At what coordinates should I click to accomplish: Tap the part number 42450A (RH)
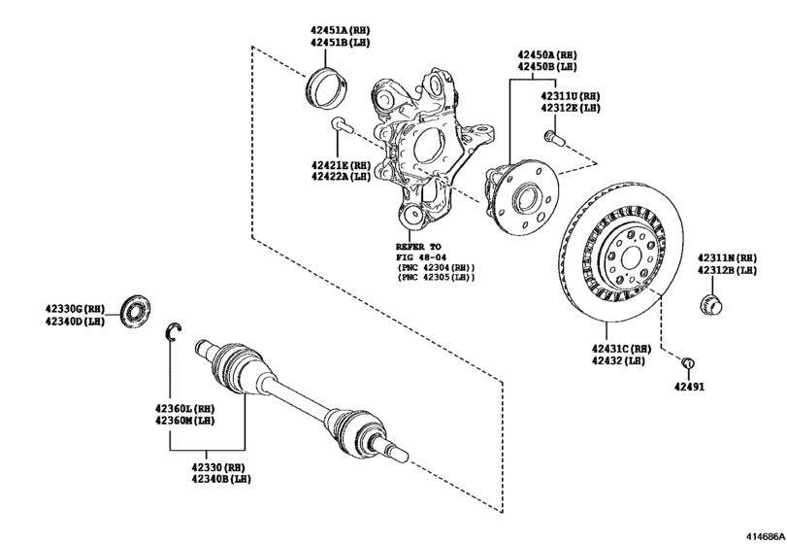click(x=545, y=55)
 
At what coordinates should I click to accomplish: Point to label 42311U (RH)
click(x=571, y=97)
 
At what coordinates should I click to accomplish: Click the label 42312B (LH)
click(x=726, y=269)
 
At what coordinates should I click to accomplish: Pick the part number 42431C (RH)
click(x=615, y=348)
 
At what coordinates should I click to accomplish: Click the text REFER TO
click(x=418, y=247)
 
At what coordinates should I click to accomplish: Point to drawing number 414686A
click(x=763, y=535)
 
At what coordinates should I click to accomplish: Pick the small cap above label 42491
click(x=687, y=363)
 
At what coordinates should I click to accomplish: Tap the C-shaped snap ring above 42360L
click(x=172, y=331)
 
